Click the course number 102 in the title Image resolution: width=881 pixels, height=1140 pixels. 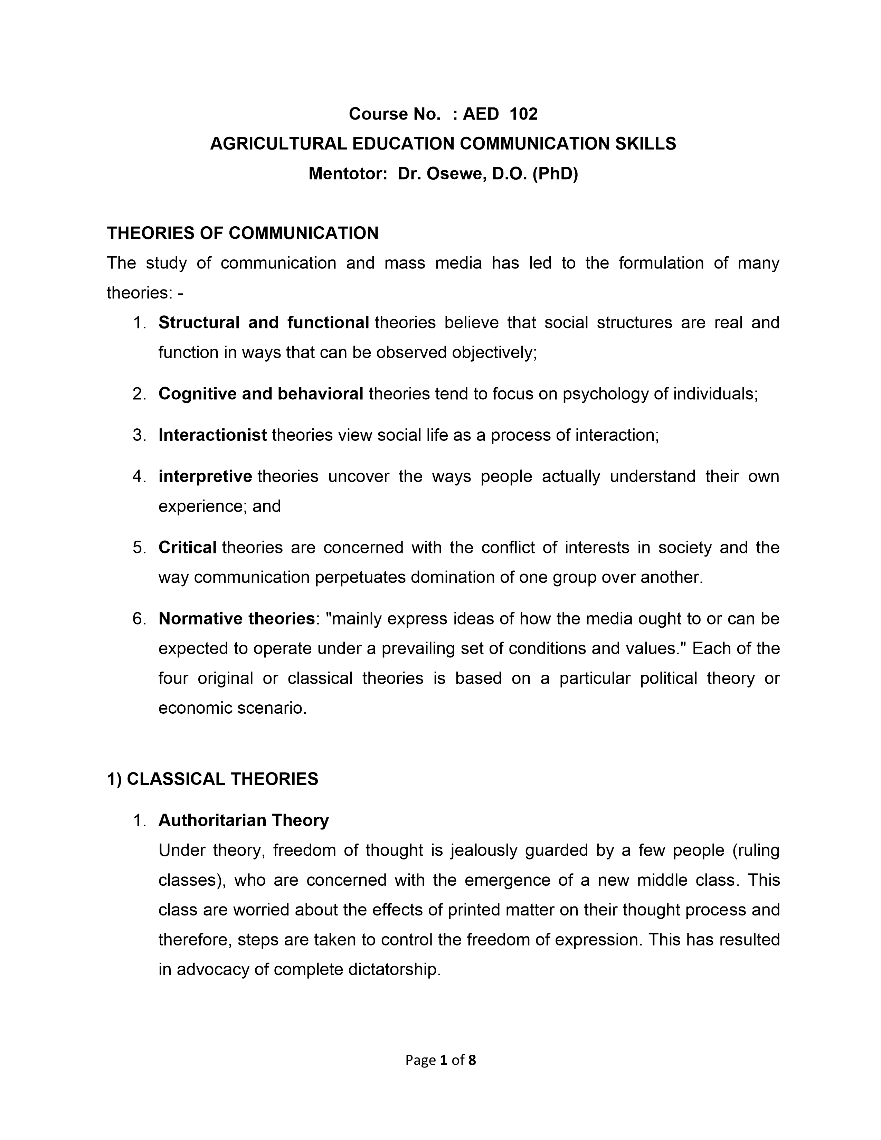(x=523, y=114)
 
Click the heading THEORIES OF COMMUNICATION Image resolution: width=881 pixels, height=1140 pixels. (x=243, y=233)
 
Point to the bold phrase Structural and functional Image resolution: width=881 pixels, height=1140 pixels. (x=264, y=323)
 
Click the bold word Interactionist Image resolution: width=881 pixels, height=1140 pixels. (x=212, y=435)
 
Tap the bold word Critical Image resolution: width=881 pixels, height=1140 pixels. (x=187, y=547)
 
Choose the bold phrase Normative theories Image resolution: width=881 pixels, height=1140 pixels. (x=236, y=619)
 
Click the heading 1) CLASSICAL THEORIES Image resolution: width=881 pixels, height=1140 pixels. (x=212, y=779)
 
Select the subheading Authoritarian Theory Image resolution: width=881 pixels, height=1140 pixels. (x=243, y=820)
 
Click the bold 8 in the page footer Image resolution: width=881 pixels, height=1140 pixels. (x=472, y=1060)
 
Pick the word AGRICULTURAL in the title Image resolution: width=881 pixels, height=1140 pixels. (x=278, y=144)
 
